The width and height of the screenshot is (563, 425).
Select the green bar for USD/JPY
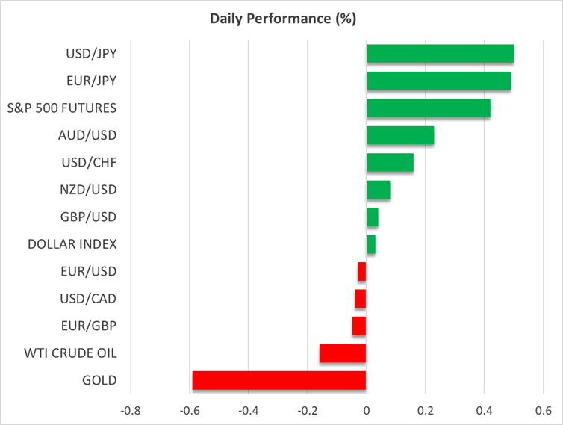click(440, 54)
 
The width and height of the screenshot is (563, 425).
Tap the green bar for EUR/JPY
click(438, 81)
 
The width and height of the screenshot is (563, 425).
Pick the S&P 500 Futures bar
click(428, 108)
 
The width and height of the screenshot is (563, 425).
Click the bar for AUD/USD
click(399, 135)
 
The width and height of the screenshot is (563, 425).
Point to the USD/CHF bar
click(390, 163)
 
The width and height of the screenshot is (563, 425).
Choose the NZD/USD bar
click(378, 190)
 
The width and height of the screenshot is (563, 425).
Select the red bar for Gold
click(279, 380)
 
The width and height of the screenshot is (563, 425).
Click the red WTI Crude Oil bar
click(343, 353)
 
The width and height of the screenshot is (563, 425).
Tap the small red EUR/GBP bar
click(359, 326)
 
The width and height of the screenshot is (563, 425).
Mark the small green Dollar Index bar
click(371, 244)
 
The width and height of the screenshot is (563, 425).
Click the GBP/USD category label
click(87, 217)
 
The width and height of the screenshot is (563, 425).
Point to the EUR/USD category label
click(88, 271)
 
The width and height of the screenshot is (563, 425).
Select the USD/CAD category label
click(87, 299)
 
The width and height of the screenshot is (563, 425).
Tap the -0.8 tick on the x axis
click(130, 410)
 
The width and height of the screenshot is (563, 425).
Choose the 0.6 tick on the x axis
click(542, 410)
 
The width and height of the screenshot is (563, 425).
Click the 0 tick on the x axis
click(367, 410)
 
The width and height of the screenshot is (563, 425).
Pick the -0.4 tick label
click(248, 410)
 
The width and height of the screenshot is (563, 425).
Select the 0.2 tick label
click(425, 410)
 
